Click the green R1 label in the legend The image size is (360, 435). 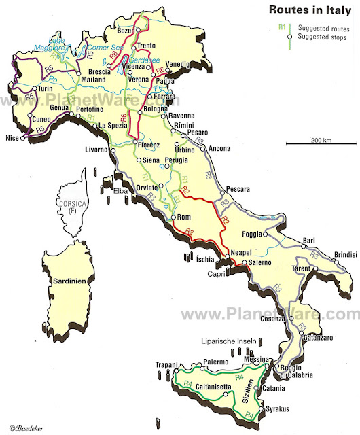(281, 28)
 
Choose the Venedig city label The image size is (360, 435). (178, 64)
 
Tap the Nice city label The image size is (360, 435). (12, 138)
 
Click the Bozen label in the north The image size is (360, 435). (127, 31)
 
